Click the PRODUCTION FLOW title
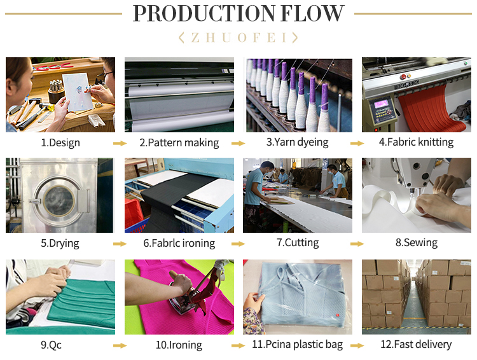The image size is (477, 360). click(238, 13)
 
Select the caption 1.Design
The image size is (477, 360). click(60, 142)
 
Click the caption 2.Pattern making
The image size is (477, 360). click(179, 142)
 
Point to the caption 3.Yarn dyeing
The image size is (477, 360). click(298, 142)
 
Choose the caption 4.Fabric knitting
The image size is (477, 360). click(417, 142)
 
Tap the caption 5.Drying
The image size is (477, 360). click(60, 243)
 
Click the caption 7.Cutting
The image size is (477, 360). click(298, 242)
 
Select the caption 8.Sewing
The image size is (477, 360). click(417, 242)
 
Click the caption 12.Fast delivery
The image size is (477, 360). click(417, 344)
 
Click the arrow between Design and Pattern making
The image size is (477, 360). click(120, 143)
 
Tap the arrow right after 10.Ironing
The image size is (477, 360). click(238, 345)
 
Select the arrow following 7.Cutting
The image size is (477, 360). click(357, 244)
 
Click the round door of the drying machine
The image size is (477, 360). click(54, 197)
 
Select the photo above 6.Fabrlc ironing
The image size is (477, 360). click(179, 195)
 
